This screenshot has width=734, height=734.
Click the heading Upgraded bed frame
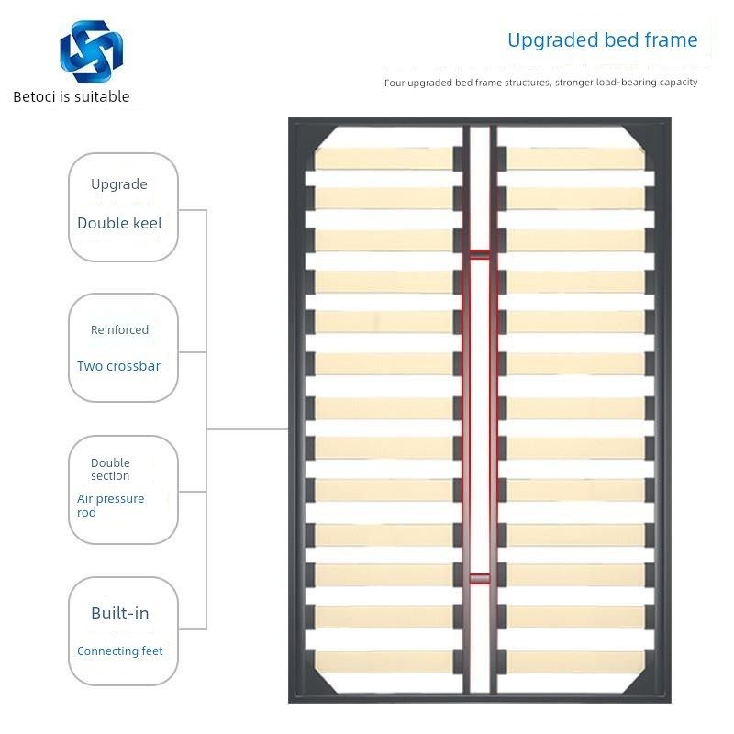click(x=602, y=40)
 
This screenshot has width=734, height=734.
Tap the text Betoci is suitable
click(x=72, y=96)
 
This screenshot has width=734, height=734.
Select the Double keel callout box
click(x=123, y=207)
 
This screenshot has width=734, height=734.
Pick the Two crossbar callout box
click(x=123, y=348)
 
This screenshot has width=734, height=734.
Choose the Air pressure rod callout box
click(x=123, y=490)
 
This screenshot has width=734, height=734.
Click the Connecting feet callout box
click(x=123, y=631)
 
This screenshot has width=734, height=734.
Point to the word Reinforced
click(x=119, y=329)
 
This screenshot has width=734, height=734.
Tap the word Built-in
click(x=119, y=614)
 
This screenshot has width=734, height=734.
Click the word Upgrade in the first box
click(x=119, y=184)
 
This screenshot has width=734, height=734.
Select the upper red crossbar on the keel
click(x=480, y=253)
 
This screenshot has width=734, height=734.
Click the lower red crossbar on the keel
click(x=480, y=578)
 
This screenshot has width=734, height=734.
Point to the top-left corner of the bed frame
click(x=294, y=123)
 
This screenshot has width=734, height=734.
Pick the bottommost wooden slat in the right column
click(x=575, y=660)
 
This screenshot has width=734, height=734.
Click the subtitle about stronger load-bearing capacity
click(x=541, y=83)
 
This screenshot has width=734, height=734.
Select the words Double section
click(x=110, y=469)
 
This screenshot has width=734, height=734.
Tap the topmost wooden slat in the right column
click(x=575, y=157)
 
